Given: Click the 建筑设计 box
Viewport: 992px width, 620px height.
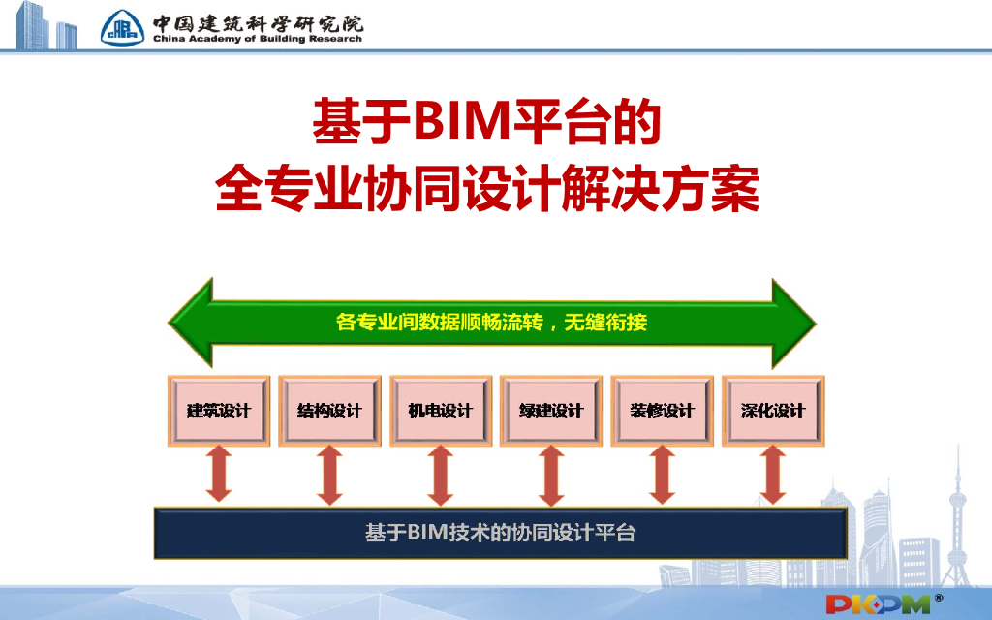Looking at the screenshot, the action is [x=219, y=411].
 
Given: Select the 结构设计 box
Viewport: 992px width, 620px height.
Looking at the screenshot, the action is [x=330, y=411].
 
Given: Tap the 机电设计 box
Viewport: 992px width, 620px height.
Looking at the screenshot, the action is [x=441, y=411].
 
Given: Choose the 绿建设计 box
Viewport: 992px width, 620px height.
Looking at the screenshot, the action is [x=551, y=411].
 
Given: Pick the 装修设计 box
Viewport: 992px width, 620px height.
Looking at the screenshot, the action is [x=663, y=411].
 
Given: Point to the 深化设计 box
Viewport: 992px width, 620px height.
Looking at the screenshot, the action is [x=772, y=411].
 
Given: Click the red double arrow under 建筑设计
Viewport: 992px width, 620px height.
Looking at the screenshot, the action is [x=219, y=475].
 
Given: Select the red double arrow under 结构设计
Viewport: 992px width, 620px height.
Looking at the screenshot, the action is [x=330, y=475].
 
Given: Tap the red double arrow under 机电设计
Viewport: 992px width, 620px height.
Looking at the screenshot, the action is [x=441, y=475].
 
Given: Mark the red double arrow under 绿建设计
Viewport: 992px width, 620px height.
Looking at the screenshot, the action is [x=551, y=475].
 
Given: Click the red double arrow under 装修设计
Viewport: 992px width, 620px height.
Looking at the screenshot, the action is [x=663, y=475].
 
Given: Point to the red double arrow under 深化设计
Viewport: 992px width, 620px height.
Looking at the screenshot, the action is [x=772, y=475].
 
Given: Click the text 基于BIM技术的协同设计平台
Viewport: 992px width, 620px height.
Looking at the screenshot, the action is [x=500, y=532].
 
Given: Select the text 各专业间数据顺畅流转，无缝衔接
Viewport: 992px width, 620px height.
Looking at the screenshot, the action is [x=491, y=323].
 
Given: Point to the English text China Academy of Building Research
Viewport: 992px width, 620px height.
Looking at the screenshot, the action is [x=257, y=39].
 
